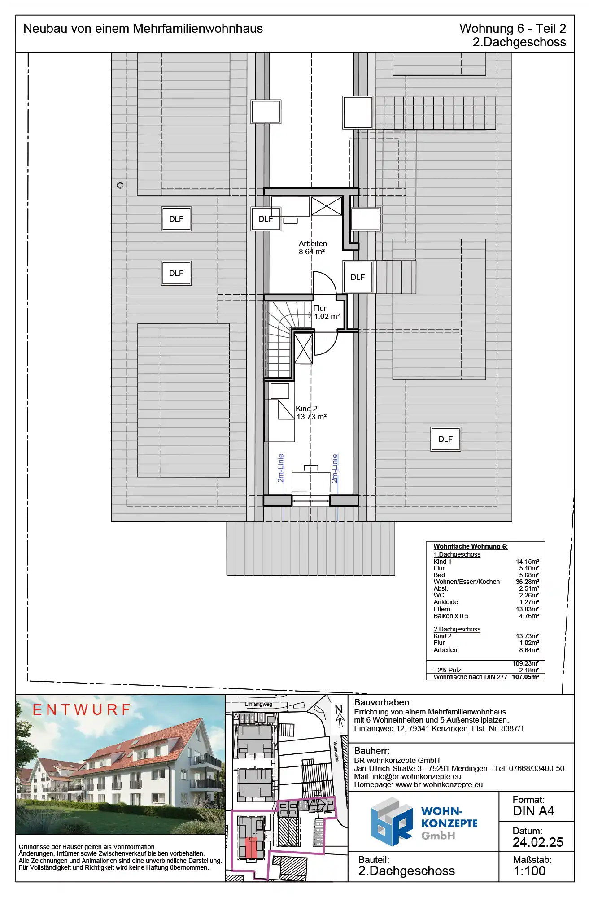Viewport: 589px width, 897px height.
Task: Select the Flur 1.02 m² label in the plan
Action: (x=326, y=312)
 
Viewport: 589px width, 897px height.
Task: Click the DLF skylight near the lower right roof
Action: (x=445, y=439)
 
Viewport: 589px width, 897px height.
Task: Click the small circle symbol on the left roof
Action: (x=120, y=185)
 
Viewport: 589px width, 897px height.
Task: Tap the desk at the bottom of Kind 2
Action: (x=311, y=481)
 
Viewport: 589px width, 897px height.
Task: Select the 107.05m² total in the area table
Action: (x=525, y=677)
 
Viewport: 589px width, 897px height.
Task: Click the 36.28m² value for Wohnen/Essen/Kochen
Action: (x=527, y=582)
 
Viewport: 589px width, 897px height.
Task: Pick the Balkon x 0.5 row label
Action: (x=451, y=616)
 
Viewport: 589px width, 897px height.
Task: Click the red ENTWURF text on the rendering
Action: (x=82, y=710)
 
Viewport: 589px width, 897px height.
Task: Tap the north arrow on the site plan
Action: (x=340, y=716)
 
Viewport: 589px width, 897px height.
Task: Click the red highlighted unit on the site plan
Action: (x=251, y=848)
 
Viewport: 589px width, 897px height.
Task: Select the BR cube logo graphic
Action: (x=392, y=822)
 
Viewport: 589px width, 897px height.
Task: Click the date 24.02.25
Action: (x=538, y=842)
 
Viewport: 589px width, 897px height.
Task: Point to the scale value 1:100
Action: (x=529, y=871)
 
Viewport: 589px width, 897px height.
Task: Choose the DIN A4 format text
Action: (x=533, y=811)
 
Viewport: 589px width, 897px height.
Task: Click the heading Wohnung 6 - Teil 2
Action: (x=513, y=28)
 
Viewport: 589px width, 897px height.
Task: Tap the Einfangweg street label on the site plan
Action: (x=258, y=704)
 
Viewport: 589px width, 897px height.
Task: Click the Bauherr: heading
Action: (x=371, y=751)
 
